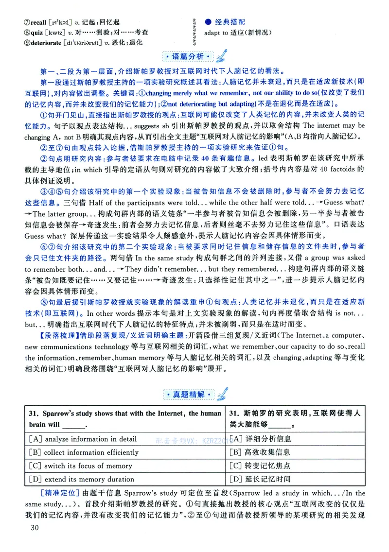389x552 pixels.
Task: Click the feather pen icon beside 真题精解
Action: tap(223, 392)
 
